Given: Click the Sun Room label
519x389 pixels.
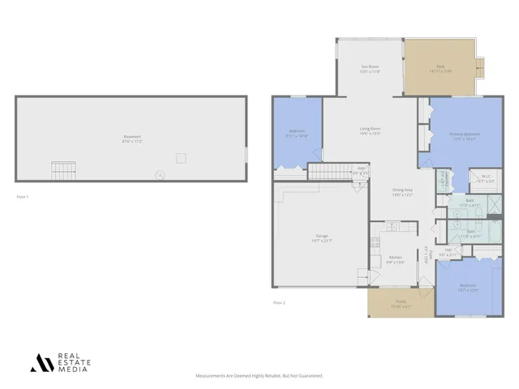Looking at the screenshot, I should (370, 70).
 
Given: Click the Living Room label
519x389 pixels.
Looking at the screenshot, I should (371, 130).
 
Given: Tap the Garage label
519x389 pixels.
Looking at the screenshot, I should (322, 239).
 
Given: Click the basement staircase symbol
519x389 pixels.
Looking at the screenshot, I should (63, 171).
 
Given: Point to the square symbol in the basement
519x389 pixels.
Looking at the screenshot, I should (181, 158).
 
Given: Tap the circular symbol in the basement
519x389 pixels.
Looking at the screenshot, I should (160, 173).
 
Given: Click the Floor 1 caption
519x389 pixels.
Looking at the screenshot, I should (23, 197).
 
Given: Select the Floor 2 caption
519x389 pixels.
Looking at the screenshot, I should (279, 302).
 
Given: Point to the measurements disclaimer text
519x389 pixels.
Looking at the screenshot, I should (259, 376).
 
